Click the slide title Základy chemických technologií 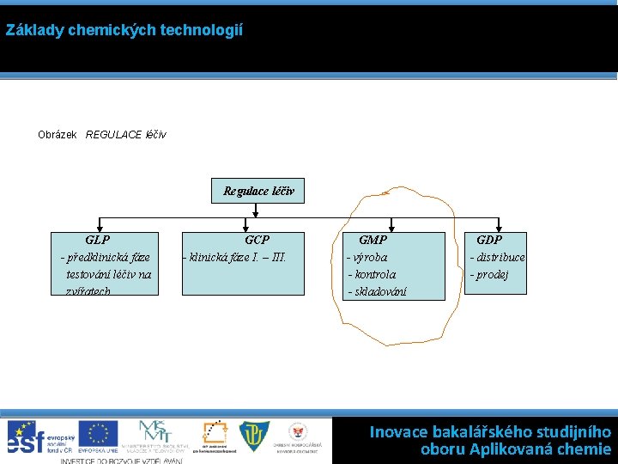pos(124,30)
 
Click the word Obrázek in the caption pos(58,135)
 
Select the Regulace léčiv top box pos(257,191)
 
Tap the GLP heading pos(98,241)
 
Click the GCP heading pos(257,241)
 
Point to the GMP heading pos(373,241)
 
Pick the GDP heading pos(489,241)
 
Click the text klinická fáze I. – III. pos(237,257)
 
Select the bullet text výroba pos(368,257)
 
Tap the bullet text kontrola pos(374,274)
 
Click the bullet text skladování pos(379,291)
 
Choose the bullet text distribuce pos(500,257)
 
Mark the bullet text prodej pos(491,274)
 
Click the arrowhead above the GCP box pos(257,227)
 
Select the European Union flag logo pos(98,434)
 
